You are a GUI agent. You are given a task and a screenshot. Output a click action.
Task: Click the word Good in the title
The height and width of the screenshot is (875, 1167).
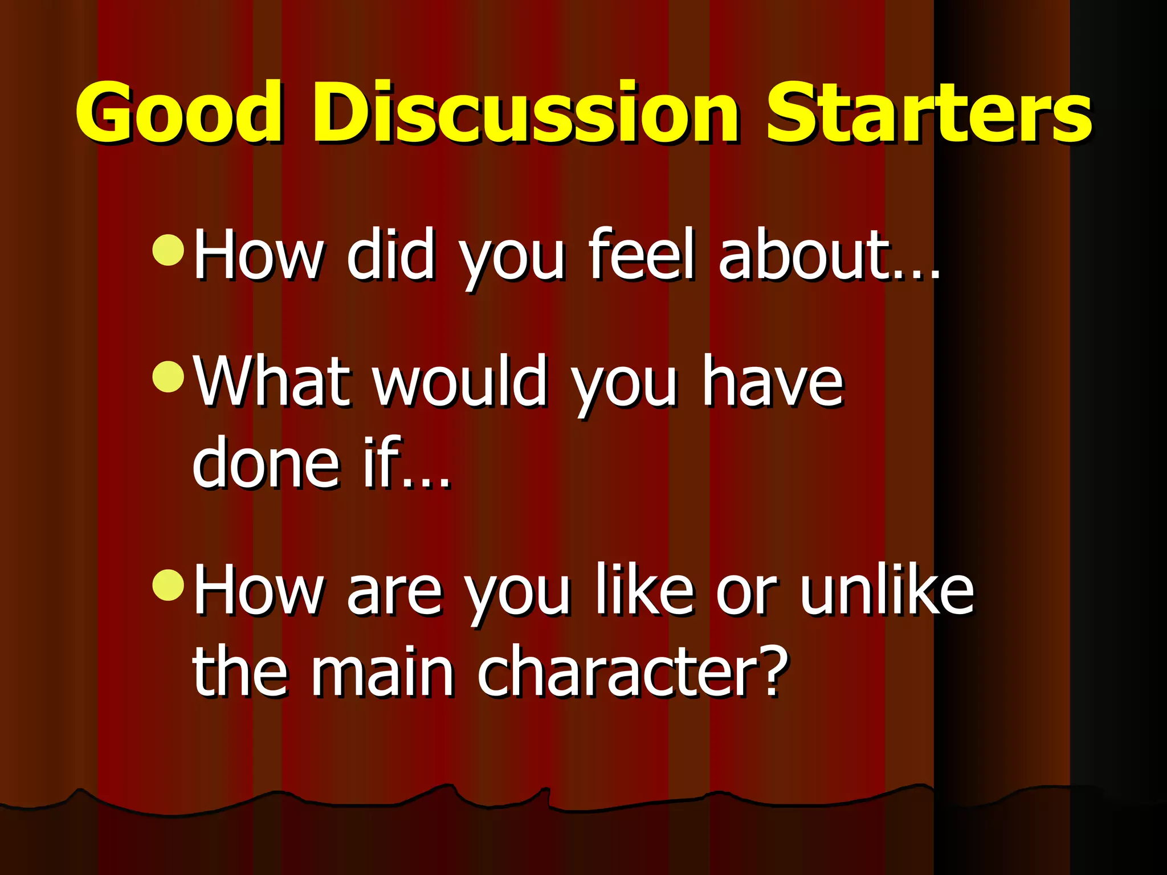pyautogui.click(x=179, y=112)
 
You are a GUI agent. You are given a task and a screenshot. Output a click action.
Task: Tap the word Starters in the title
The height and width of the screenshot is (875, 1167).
pyautogui.click(x=929, y=112)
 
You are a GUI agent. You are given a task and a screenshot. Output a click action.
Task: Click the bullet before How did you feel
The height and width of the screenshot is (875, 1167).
pyautogui.click(x=169, y=251)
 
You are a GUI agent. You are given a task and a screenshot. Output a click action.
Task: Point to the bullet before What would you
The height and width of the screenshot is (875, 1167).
pyautogui.click(x=169, y=377)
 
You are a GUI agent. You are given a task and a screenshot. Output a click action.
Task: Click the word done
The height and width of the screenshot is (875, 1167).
pyautogui.click(x=266, y=463)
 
